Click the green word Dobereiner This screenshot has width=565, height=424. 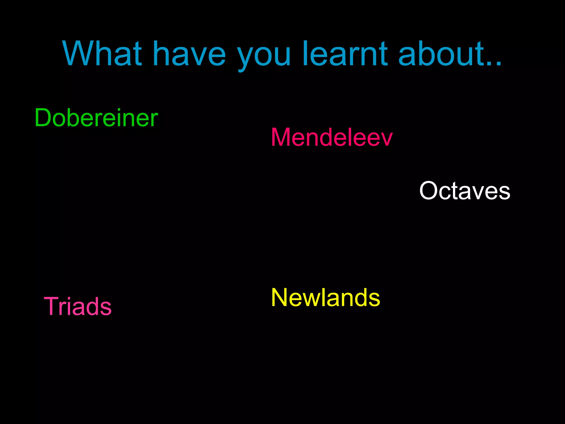96,118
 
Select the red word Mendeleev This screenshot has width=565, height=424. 332,137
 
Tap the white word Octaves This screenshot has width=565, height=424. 465,191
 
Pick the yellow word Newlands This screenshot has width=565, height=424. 326,298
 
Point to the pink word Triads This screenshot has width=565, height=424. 78,306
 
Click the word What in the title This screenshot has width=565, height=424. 102,54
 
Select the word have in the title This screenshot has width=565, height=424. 189,54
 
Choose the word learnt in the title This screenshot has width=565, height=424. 345,54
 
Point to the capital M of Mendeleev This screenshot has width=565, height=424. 281,137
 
